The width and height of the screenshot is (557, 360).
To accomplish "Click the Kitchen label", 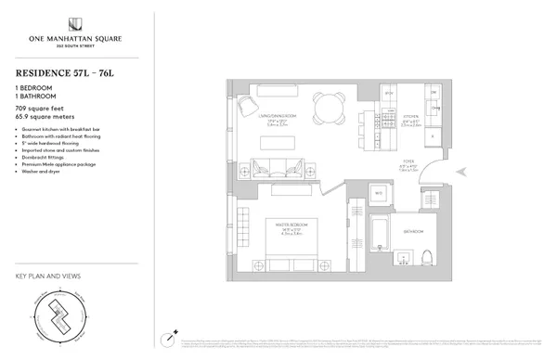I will (411, 119).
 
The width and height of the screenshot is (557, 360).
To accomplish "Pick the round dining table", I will (328, 108).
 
